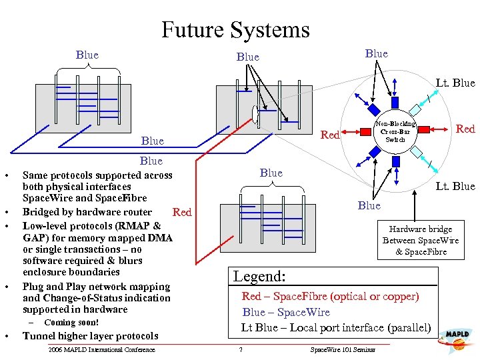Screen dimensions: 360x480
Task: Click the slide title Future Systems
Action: (235, 30)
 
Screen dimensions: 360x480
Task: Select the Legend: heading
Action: (259, 276)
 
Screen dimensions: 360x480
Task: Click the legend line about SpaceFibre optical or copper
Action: (330, 296)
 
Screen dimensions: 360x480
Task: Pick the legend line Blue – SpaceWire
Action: (286, 312)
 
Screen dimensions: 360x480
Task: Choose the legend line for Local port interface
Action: (335, 327)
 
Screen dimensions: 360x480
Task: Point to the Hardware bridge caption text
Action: (420, 240)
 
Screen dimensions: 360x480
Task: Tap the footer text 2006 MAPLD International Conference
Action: (101, 350)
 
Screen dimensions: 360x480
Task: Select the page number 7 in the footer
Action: (241, 350)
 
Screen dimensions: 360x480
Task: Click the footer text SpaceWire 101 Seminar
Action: (343, 350)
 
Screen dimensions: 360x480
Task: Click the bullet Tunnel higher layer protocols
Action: (90, 336)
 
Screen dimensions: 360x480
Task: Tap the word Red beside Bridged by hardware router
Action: (181, 213)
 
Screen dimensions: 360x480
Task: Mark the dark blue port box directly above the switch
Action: (394, 101)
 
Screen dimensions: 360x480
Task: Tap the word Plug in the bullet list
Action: (33, 287)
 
